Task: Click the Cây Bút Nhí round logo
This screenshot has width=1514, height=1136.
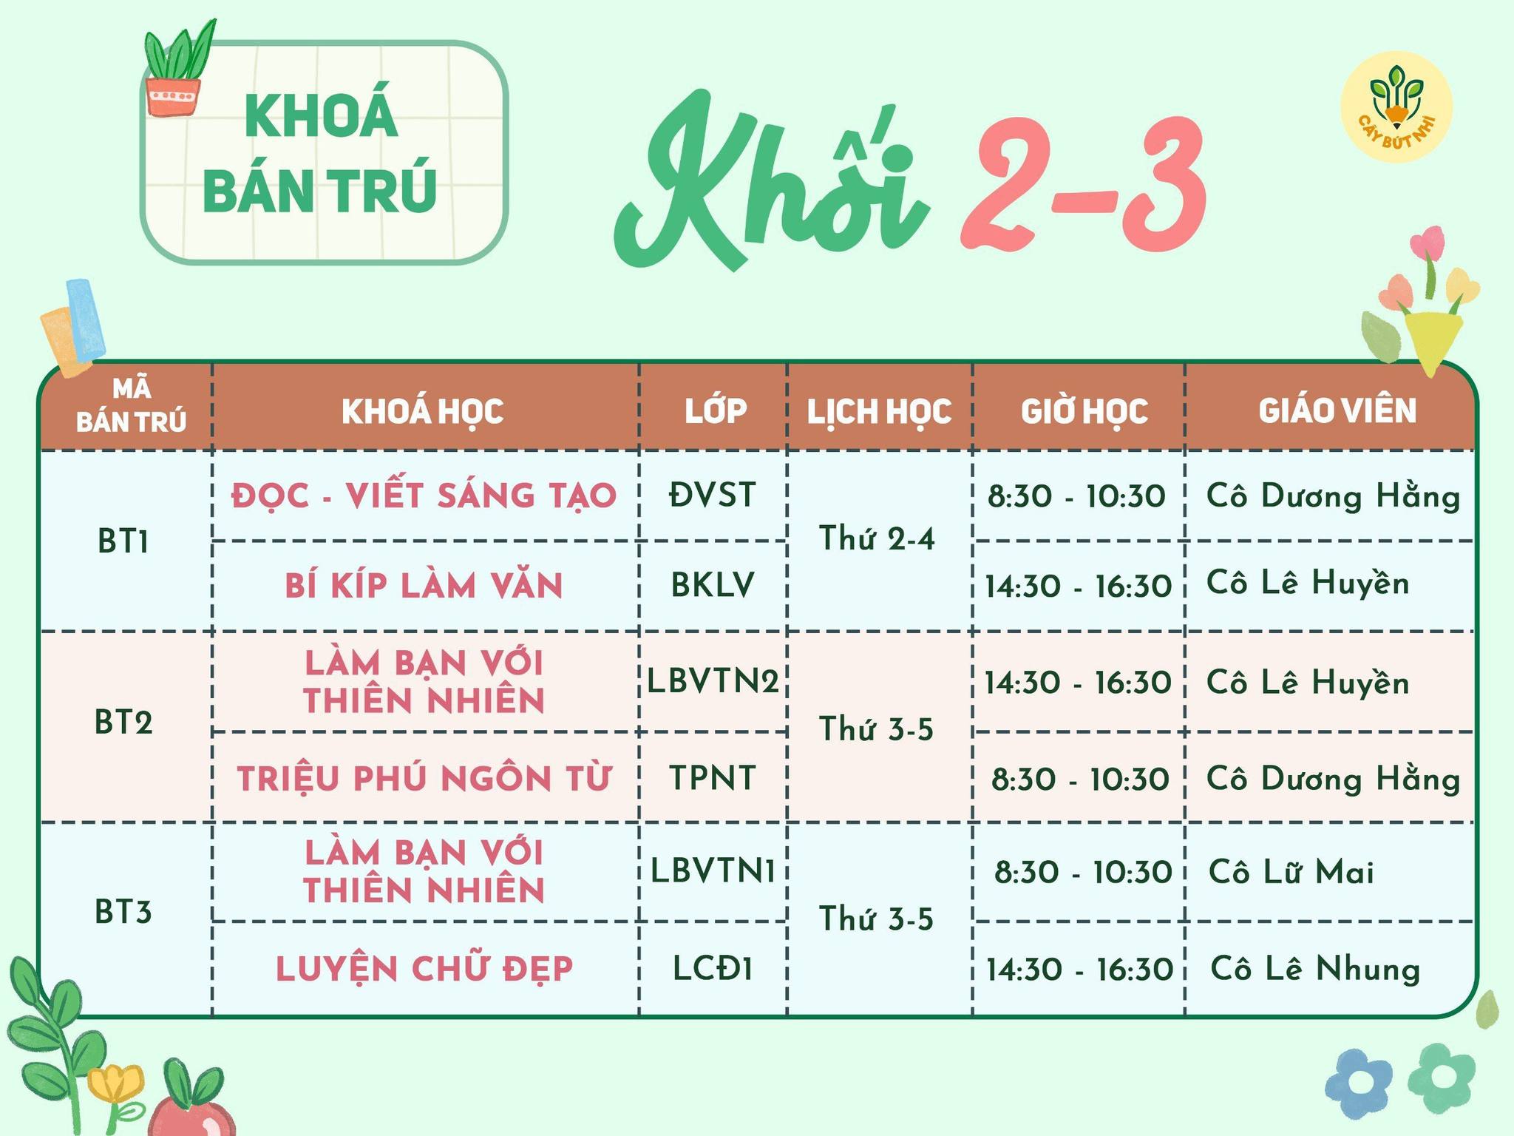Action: pos(1396,107)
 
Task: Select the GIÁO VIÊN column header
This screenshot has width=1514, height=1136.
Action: pos(1337,410)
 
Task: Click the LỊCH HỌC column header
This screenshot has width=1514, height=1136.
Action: pos(879,411)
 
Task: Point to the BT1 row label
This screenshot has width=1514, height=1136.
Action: pos(123,542)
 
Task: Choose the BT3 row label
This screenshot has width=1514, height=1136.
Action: pos(123,912)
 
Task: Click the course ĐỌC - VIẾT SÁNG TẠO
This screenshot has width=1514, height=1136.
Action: pos(424,495)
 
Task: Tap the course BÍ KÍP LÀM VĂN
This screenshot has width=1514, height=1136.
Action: pos(424,584)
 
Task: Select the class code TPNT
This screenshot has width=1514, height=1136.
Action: pos(713,778)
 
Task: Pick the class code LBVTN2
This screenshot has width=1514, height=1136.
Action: pos(713,680)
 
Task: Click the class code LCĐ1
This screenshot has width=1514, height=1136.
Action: pos(713,968)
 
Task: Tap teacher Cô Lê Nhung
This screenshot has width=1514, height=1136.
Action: pos(1316,969)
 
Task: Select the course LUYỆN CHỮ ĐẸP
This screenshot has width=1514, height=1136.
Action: pos(424,968)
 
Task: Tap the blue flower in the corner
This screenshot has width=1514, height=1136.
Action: pos(1359,1083)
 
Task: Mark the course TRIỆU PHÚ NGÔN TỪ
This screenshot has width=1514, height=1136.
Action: pos(424,777)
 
